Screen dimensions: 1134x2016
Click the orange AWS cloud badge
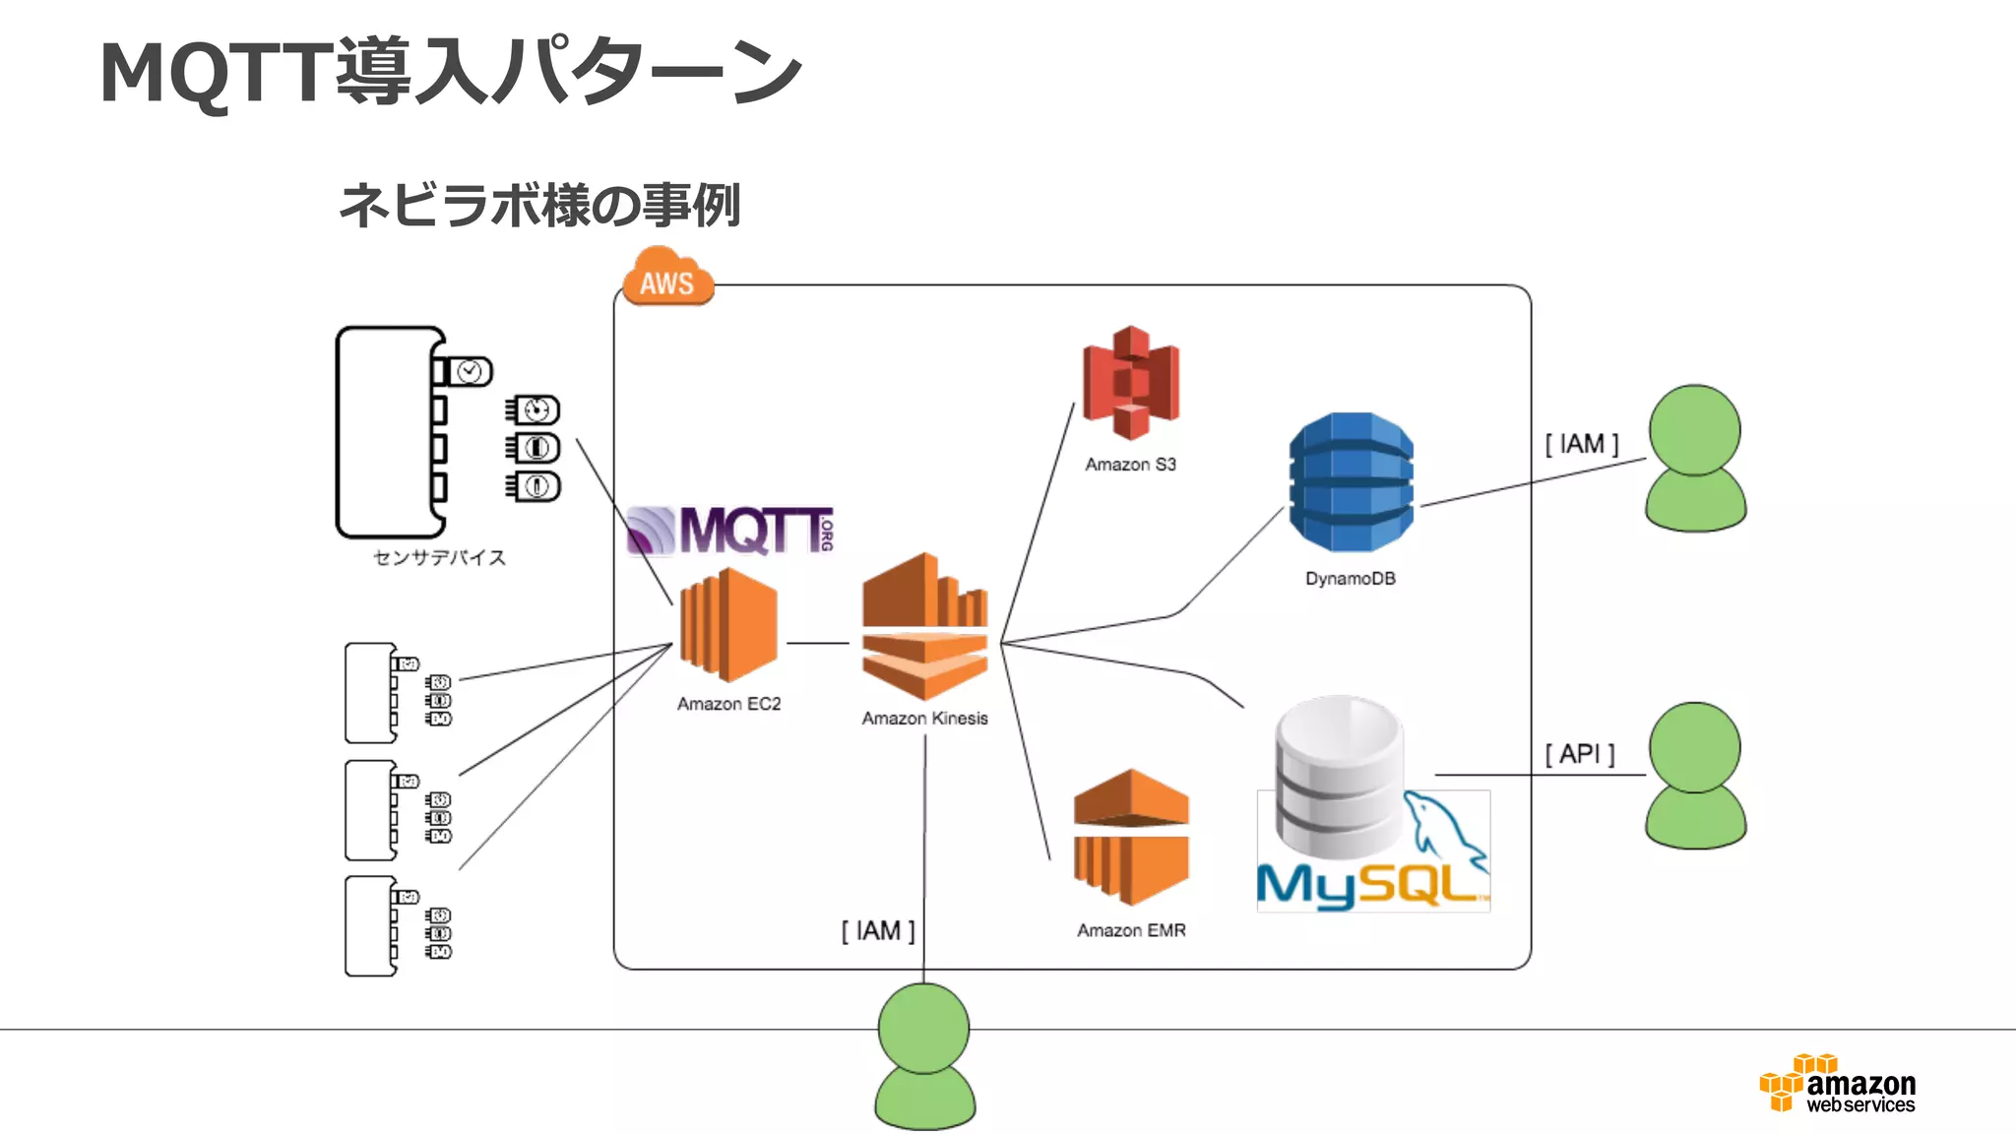pos(667,279)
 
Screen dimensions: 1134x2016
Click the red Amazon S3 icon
pos(1131,383)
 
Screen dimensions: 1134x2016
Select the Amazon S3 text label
pos(1130,465)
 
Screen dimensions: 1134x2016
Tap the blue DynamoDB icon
pos(1351,482)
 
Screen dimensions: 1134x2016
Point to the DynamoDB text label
pos(1350,579)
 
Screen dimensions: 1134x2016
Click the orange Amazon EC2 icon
pos(728,625)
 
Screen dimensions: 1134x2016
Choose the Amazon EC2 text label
pos(728,704)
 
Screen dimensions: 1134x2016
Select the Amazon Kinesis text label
pos(924,719)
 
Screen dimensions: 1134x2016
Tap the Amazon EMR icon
pos(1131,837)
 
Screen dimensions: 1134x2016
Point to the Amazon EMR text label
pos(1131,930)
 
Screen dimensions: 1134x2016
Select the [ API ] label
pos(1580,754)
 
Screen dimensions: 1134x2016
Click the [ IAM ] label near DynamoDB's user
pos(1581,444)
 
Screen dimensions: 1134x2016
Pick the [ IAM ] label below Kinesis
pos(878,931)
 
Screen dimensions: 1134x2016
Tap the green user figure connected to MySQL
pos(1695,776)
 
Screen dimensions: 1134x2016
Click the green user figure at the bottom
pos(924,1056)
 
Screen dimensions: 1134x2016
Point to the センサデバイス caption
pos(439,558)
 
